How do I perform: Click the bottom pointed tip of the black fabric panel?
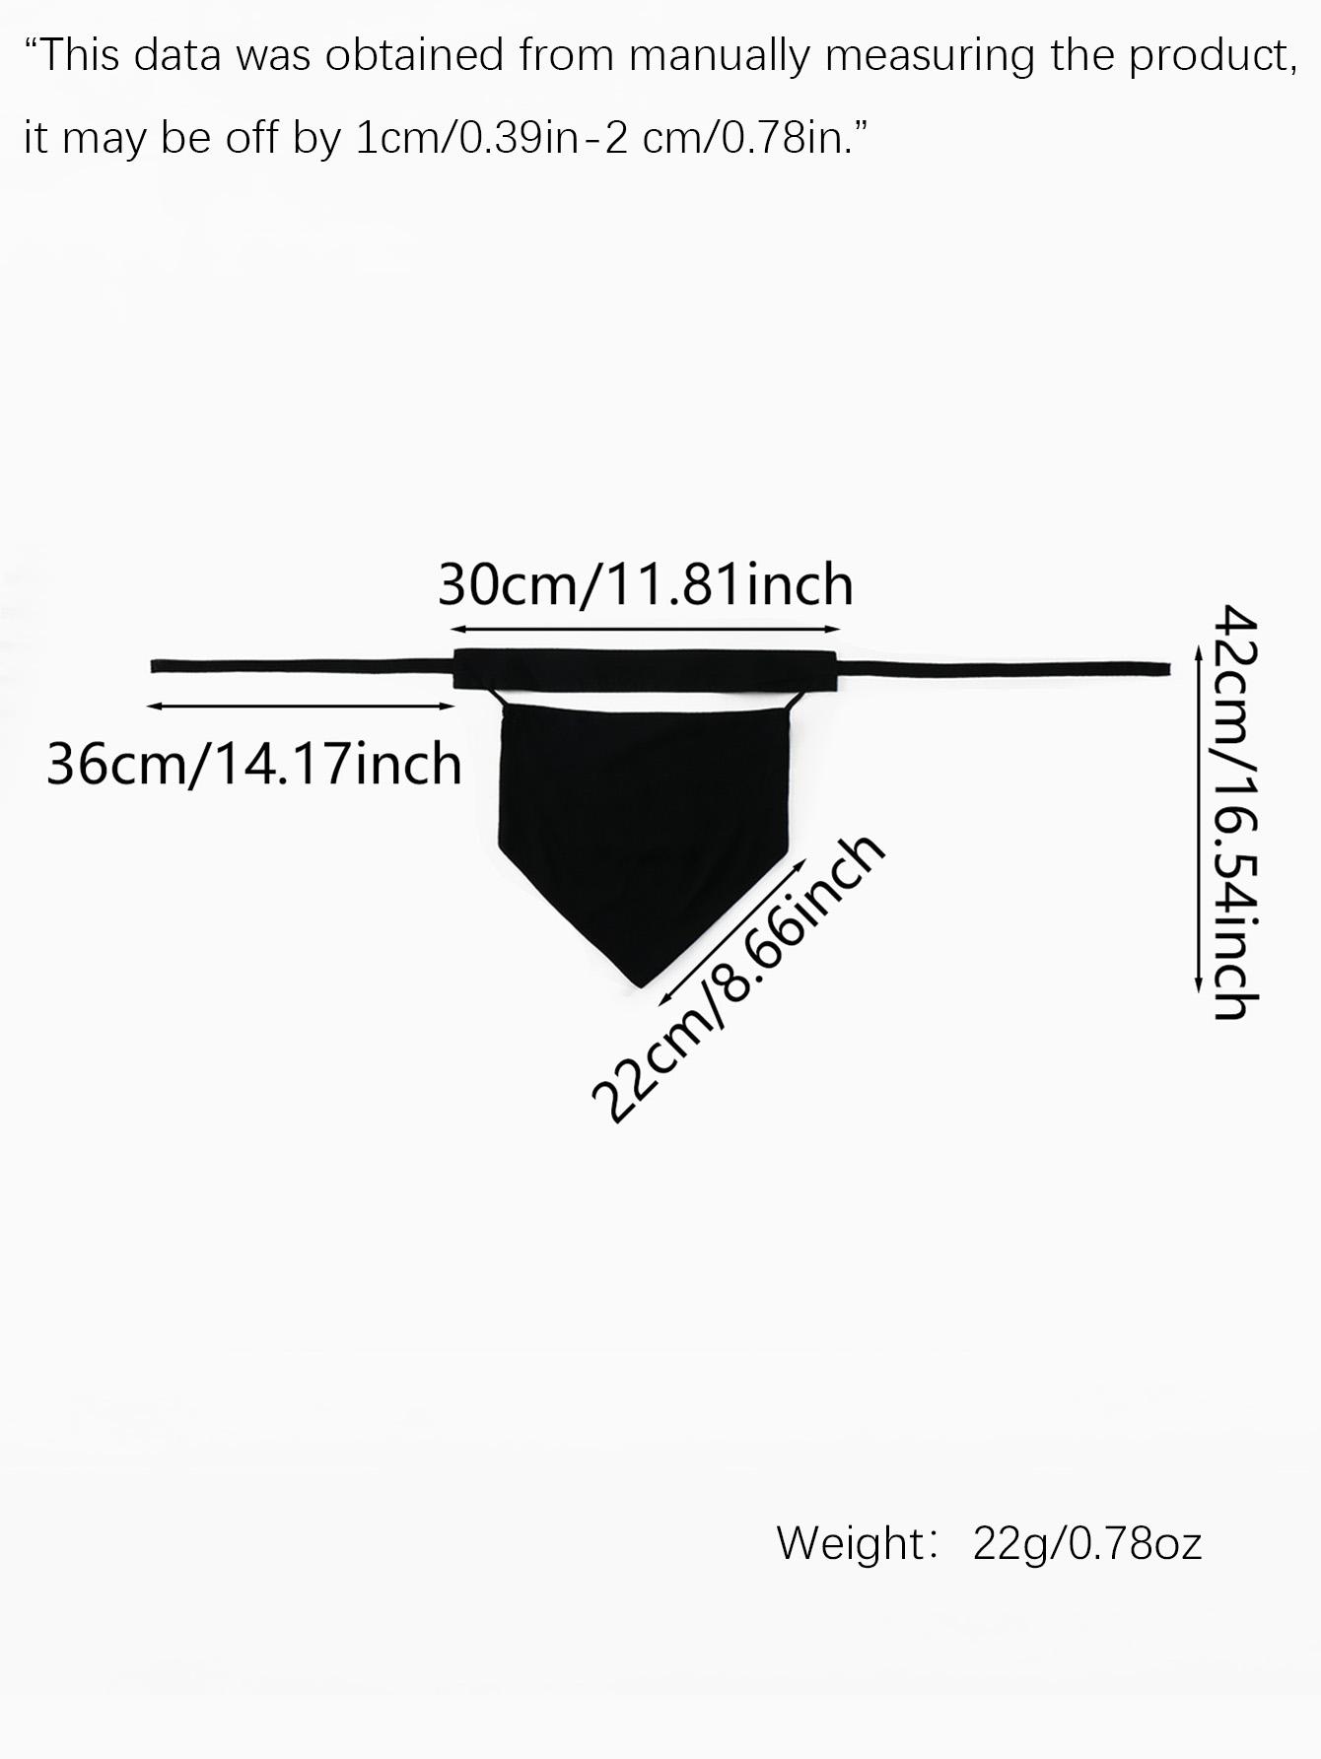tap(641, 986)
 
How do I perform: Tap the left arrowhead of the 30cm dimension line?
tap(456, 629)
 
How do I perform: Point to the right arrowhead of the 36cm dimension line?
tap(449, 707)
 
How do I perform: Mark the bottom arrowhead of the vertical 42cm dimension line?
tap(1198, 985)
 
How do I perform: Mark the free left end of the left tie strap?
tap(152, 666)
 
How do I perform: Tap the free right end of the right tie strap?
tap(1168, 669)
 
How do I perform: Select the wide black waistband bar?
tap(645, 670)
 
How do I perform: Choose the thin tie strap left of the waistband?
tap(302, 667)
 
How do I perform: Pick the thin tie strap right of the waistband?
tap(1004, 670)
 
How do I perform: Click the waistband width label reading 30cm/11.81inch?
tap(646, 584)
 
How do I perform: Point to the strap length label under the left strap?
tap(254, 764)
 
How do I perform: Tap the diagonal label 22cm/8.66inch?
tap(737, 979)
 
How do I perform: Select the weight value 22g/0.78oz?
tap(1087, 1543)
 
